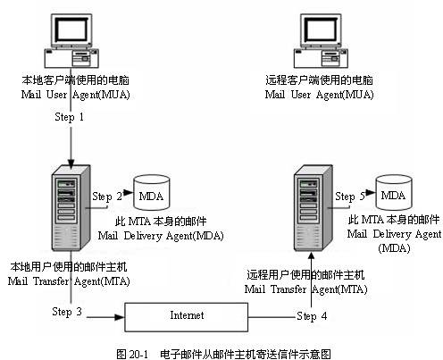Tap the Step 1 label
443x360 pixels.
click(69, 117)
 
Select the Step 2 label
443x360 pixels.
click(106, 195)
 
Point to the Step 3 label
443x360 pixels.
click(68, 312)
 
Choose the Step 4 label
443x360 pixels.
click(311, 316)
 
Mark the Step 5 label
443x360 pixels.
click(350, 196)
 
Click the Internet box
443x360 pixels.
click(187, 315)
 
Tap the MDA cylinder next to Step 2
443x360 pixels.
click(151, 193)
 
